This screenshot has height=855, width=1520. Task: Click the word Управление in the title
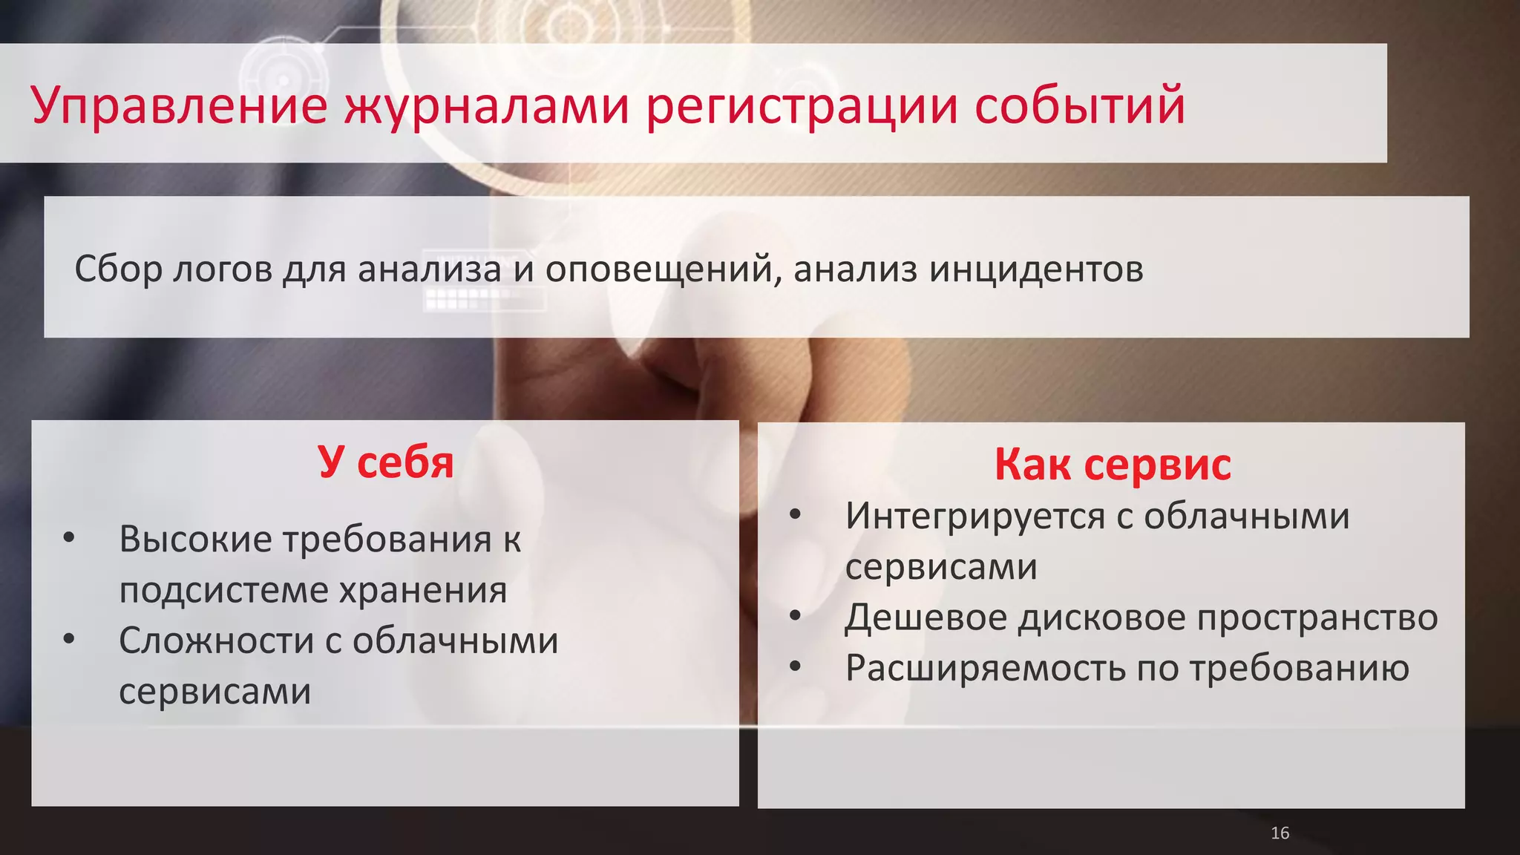click(179, 105)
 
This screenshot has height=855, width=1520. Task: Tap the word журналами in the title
click(486, 105)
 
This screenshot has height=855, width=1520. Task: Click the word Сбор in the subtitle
click(118, 269)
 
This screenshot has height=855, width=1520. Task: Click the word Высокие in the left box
click(195, 539)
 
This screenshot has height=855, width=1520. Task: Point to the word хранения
click(423, 591)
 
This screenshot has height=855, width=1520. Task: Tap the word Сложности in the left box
click(216, 641)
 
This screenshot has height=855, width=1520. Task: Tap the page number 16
click(1280, 833)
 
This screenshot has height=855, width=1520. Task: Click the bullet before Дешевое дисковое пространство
click(795, 615)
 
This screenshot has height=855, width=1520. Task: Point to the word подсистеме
click(223, 591)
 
